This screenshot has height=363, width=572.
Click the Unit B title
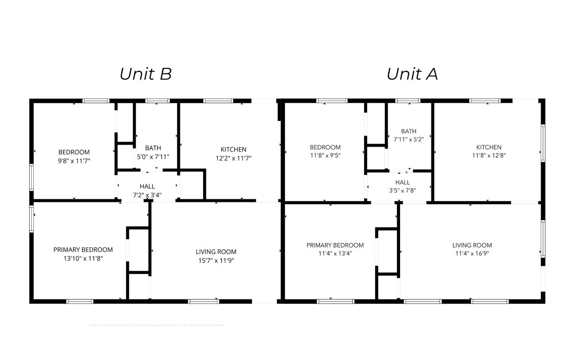tap(146, 74)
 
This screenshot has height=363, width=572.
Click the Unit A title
tap(412, 74)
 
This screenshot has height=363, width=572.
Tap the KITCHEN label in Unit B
tap(233, 149)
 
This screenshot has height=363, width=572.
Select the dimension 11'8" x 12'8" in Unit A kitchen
tap(489, 155)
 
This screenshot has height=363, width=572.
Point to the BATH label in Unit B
tap(153, 148)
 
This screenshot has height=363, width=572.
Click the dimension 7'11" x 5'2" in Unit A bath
tap(408, 139)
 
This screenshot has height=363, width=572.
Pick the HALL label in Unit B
tap(147, 186)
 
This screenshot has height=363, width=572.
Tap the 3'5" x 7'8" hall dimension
tap(402, 190)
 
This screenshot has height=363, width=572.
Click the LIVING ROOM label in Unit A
tap(472, 245)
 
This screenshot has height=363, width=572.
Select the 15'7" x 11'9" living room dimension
tap(216, 261)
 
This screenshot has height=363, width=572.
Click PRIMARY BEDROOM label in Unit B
tap(83, 250)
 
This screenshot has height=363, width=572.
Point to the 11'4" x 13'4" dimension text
tap(335, 253)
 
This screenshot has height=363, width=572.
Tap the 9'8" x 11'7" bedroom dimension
tap(74, 161)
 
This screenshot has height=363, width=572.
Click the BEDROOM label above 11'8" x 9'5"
tap(325, 147)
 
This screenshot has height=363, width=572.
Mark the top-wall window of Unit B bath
tap(157, 101)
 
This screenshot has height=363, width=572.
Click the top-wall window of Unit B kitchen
tap(218, 101)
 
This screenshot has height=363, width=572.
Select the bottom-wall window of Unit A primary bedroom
tap(336, 301)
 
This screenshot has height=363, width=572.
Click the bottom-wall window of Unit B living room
tap(204, 301)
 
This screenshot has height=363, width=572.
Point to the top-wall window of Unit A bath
tap(408, 101)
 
